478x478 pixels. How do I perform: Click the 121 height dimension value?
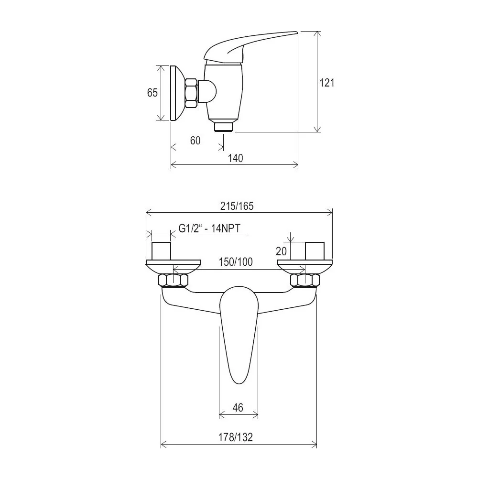click(326, 83)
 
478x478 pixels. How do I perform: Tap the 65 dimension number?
click(152, 92)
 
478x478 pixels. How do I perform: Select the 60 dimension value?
click(196, 141)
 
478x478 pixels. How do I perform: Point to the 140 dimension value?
click(236, 158)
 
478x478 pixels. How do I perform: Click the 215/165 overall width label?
click(237, 206)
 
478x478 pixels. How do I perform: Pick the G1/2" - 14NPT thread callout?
click(209, 228)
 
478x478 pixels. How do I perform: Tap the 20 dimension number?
click(281, 251)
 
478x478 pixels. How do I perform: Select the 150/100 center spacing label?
click(236, 262)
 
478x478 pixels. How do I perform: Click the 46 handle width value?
click(238, 408)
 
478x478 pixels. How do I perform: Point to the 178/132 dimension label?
click(236, 437)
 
